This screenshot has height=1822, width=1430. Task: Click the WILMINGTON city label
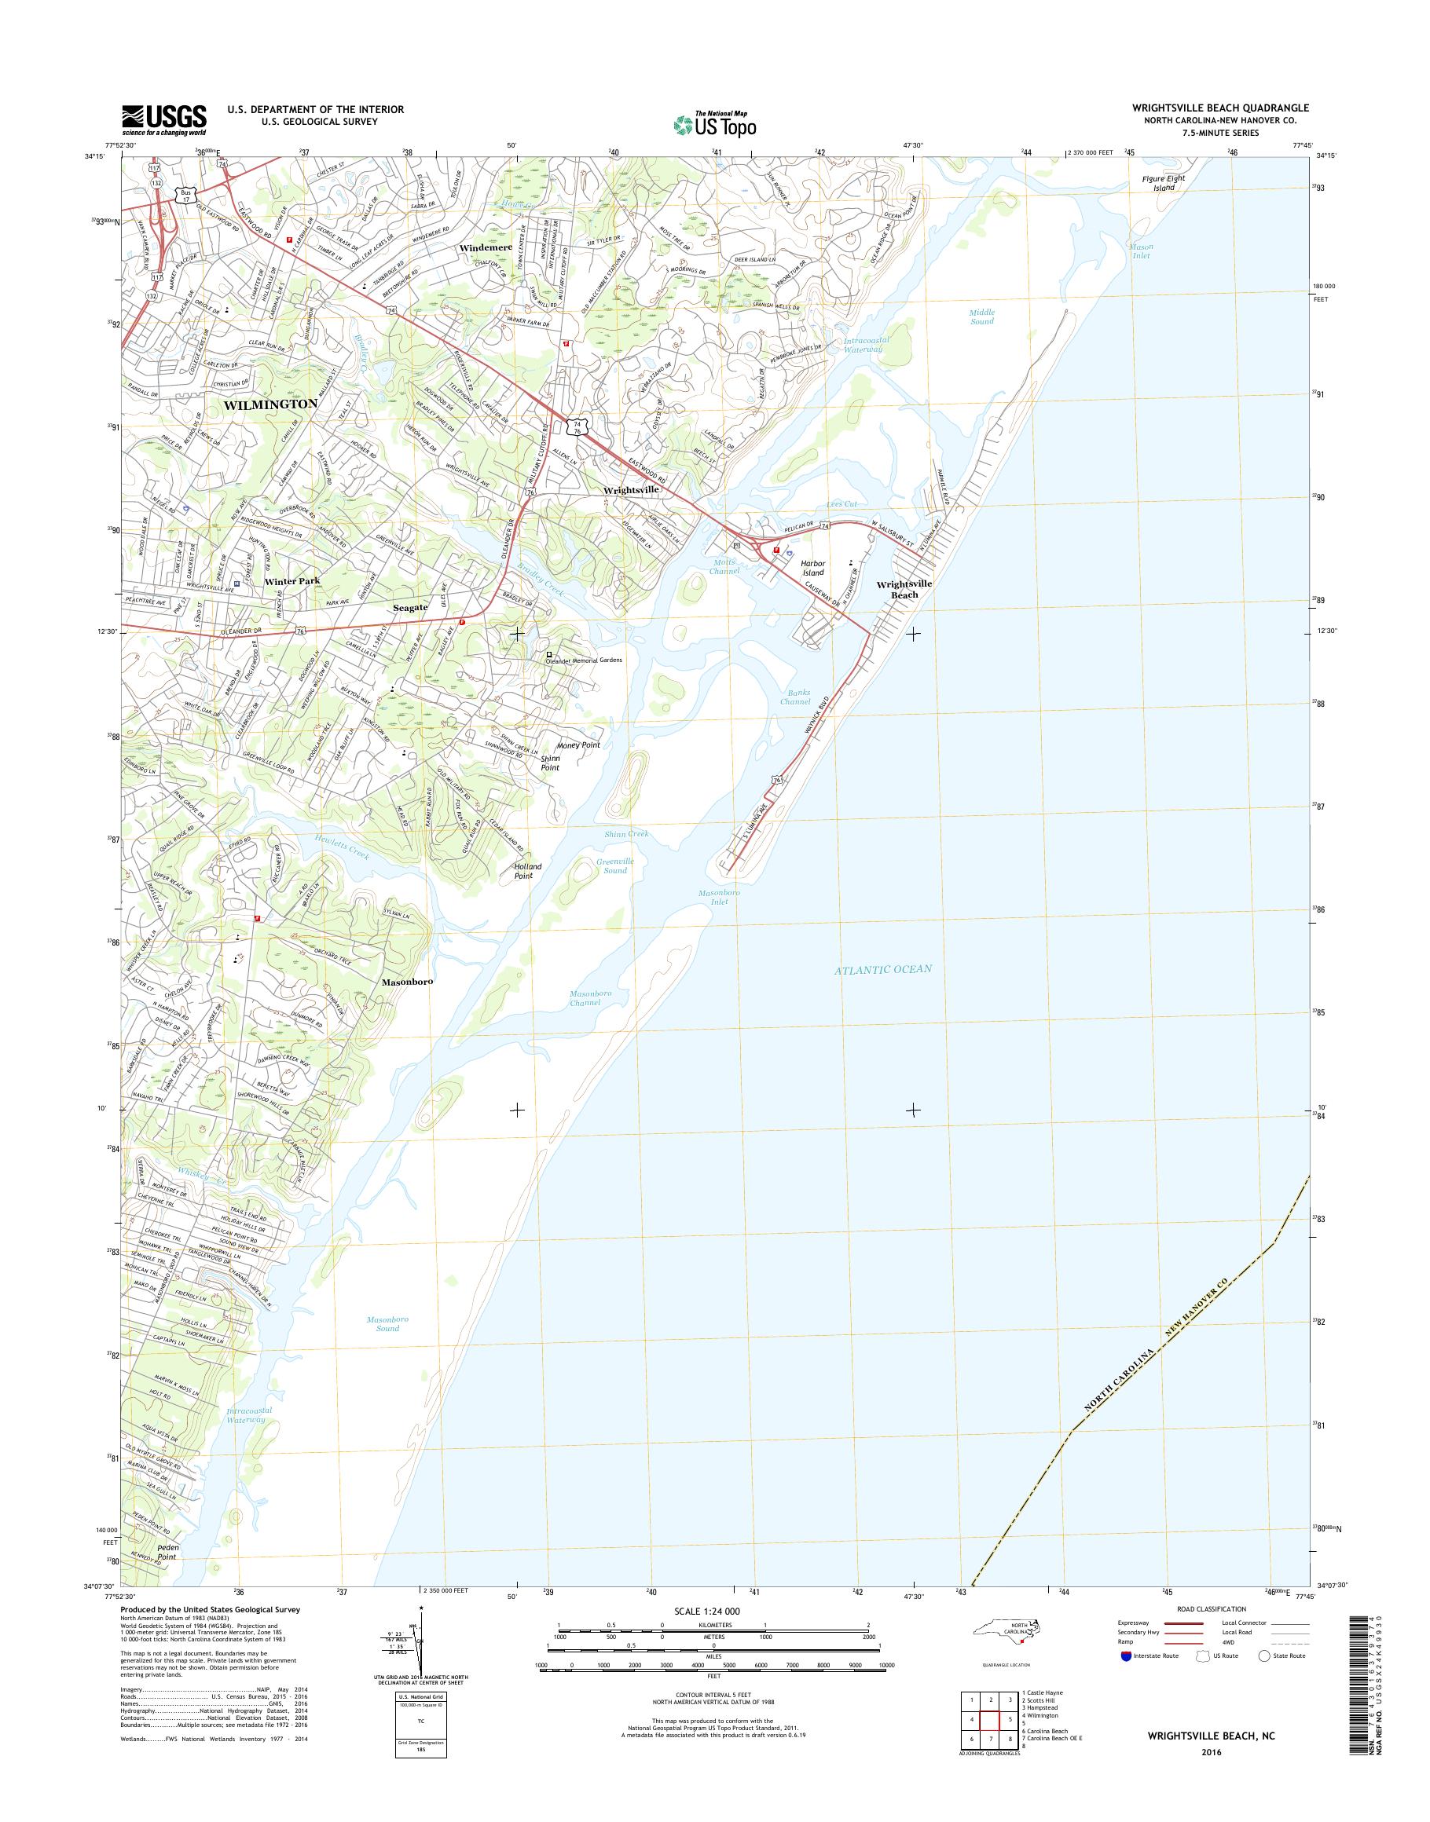coord(270,404)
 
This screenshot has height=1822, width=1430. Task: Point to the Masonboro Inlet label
coord(718,897)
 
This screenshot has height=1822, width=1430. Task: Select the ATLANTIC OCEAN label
coord(882,969)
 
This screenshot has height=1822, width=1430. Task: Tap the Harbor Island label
coord(813,568)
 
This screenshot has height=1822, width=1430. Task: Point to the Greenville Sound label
coord(614,865)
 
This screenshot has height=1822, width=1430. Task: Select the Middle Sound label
coord(982,316)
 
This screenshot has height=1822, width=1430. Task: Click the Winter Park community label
coord(292,580)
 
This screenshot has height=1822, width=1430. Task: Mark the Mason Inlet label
coord(1141,251)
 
